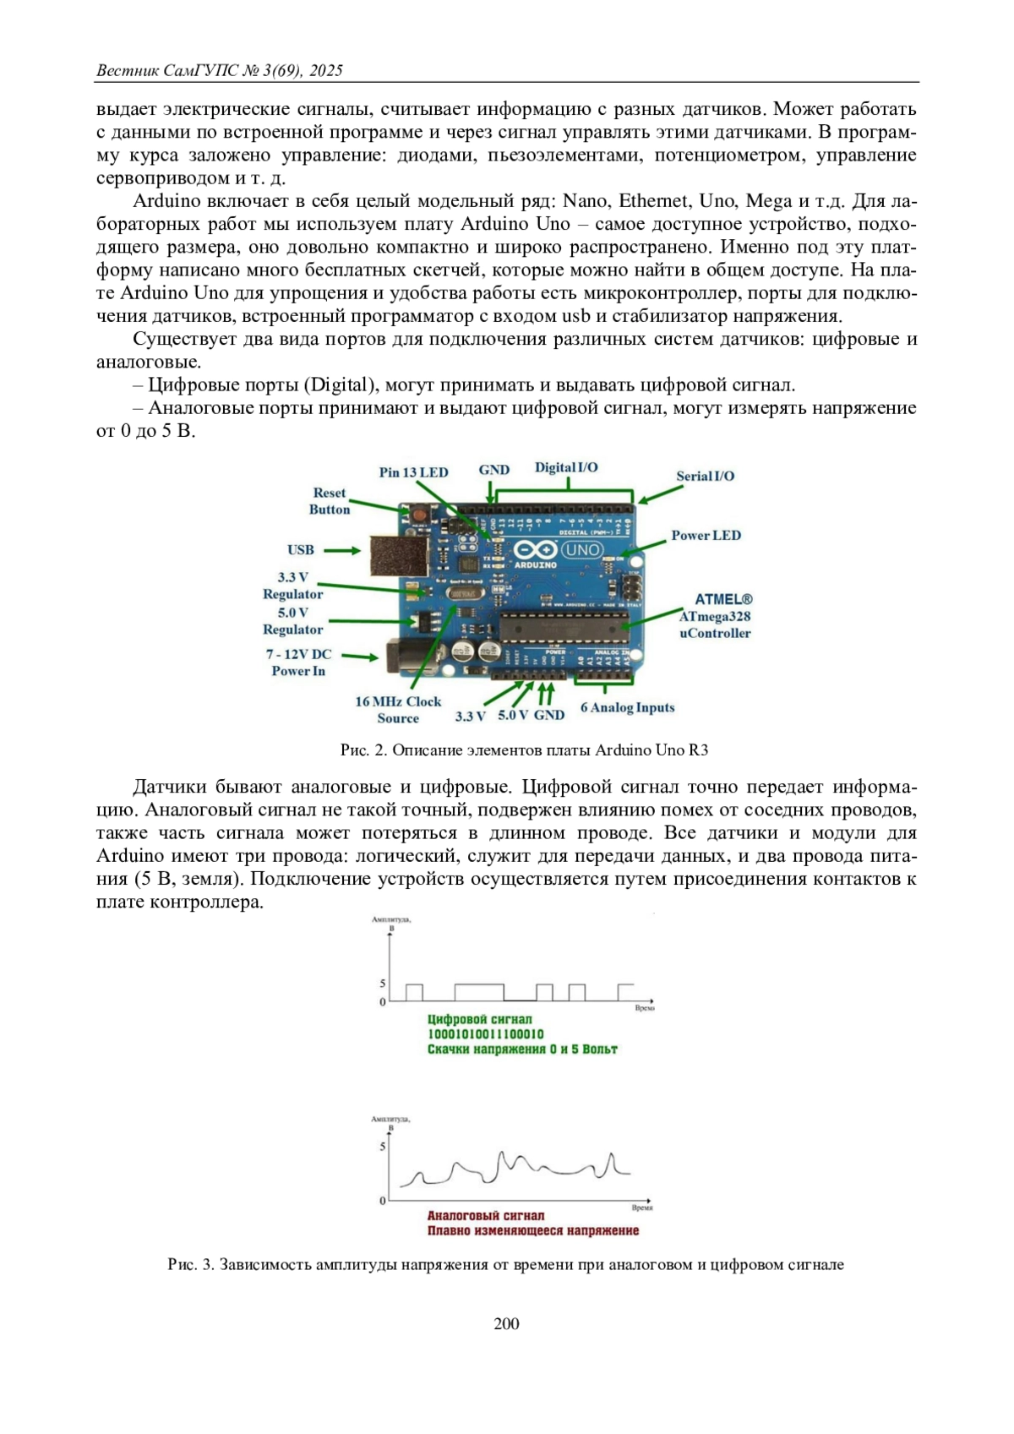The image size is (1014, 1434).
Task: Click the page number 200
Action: [x=506, y=1323]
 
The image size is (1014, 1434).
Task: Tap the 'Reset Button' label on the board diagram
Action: [x=329, y=501]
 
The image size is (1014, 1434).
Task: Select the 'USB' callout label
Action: [x=300, y=550]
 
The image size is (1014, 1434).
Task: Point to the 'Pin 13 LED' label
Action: [x=413, y=472]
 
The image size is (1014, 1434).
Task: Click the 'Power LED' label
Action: [x=706, y=536]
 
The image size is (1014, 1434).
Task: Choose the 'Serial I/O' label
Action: [x=705, y=477]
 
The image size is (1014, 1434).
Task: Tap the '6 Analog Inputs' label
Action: [x=627, y=708]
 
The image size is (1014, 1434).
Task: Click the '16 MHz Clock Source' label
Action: [x=398, y=710]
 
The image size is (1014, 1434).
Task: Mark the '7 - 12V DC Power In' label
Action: [x=298, y=662]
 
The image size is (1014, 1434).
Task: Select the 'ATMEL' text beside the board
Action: [x=723, y=600]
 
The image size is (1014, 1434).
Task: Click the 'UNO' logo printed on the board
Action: [x=582, y=550]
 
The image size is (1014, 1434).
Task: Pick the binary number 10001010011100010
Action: [x=485, y=1034]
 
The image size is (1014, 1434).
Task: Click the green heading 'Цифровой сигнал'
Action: [x=479, y=1019]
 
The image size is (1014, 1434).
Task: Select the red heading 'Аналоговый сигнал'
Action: [x=485, y=1215]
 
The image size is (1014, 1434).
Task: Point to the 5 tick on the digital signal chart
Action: [x=383, y=984]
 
